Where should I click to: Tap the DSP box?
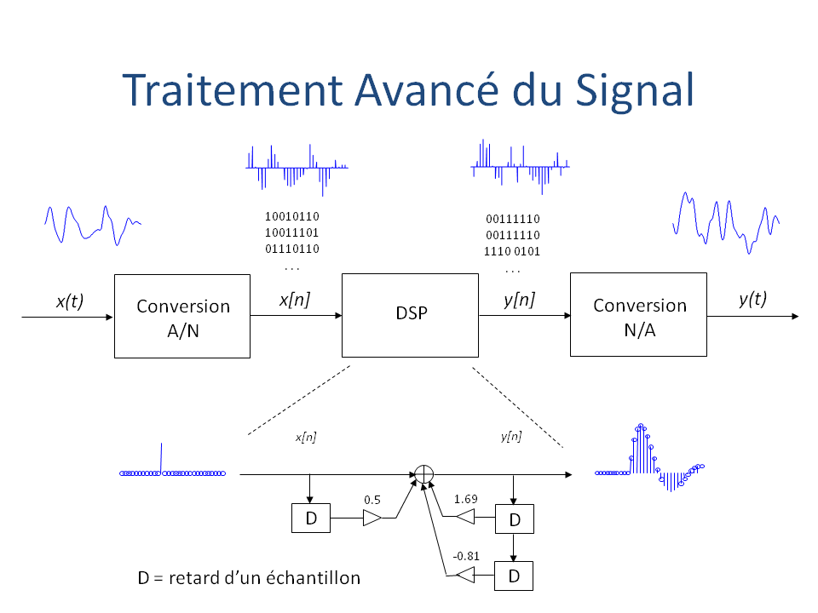pyautogui.click(x=411, y=314)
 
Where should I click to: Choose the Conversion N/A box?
pyautogui.click(x=639, y=315)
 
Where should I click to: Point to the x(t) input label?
pyautogui.click(x=69, y=301)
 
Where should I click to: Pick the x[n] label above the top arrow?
pyautogui.click(x=295, y=301)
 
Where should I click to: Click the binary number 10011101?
pyautogui.click(x=292, y=233)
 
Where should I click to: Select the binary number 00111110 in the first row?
pyautogui.click(x=512, y=220)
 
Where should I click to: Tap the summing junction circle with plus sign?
pyautogui.click(x=424, y=473)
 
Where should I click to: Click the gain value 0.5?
pyautogui.click(x=372, y=499)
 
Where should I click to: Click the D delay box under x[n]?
pyautogui.click(x=310, y=518)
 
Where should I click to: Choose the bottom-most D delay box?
pyautogui.click(x=514, y=576)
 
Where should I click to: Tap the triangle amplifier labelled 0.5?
pyautogui.click(x=373, y=518)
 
